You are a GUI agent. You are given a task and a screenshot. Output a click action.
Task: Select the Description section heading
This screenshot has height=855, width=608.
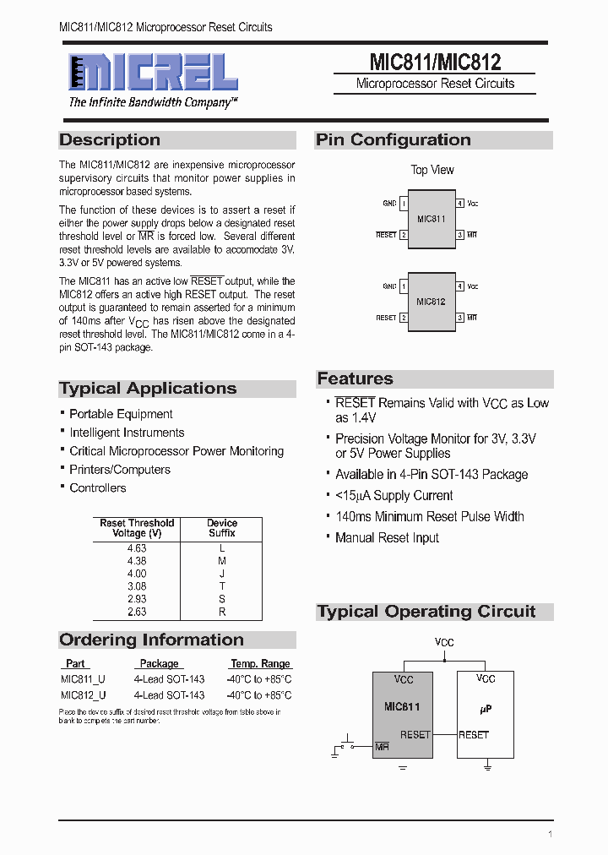(110, 140)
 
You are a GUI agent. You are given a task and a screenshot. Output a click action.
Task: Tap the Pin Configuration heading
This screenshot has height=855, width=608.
(393, 140)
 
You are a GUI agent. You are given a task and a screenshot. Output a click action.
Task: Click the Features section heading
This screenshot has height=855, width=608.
(355, 378)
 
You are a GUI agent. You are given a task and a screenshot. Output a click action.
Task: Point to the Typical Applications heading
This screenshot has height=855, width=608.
(148, 389)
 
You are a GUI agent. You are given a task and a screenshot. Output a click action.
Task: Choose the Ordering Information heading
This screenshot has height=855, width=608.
(151, 640)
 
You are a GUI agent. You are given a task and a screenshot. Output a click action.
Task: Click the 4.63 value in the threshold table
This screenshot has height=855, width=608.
(137, 548)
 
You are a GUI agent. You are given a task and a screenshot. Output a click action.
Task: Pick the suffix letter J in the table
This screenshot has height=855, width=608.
(222, 574)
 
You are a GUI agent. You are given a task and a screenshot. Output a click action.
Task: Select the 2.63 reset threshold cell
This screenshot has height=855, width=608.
(137, 612)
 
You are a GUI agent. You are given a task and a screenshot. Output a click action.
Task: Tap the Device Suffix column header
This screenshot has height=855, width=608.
(222, 528)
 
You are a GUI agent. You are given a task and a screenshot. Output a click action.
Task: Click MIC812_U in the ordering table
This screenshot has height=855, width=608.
(84, 695)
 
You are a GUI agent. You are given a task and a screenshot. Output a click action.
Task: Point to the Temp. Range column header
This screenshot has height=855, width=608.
(260, 664)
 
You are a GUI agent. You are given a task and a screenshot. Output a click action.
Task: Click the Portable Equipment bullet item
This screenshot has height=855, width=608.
(121, 414)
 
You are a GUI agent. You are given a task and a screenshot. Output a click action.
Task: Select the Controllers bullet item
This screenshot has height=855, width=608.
(98, 488)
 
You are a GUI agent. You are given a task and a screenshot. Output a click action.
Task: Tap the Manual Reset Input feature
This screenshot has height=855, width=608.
(387, 537)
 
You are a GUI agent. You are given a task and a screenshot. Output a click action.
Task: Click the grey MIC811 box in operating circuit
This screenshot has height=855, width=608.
(403, 714)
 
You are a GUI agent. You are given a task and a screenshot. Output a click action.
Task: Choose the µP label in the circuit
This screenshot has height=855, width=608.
(485, 710)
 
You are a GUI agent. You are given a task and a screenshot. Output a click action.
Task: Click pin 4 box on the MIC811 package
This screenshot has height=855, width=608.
(460, 204)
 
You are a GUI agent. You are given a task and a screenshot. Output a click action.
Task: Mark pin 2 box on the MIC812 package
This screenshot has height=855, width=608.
(404, 318)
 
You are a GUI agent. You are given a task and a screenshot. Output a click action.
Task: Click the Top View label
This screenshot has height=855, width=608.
(432, 170)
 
